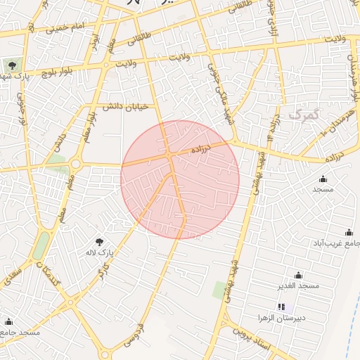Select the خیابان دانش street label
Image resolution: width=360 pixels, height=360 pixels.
pos(126,106)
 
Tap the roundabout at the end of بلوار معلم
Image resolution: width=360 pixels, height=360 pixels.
pos(75,165)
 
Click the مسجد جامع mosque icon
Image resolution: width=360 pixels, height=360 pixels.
pos(9,321)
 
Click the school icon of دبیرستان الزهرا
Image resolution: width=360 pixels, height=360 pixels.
pos(282,307)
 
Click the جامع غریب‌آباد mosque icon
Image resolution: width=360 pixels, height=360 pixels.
pos(349,233)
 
